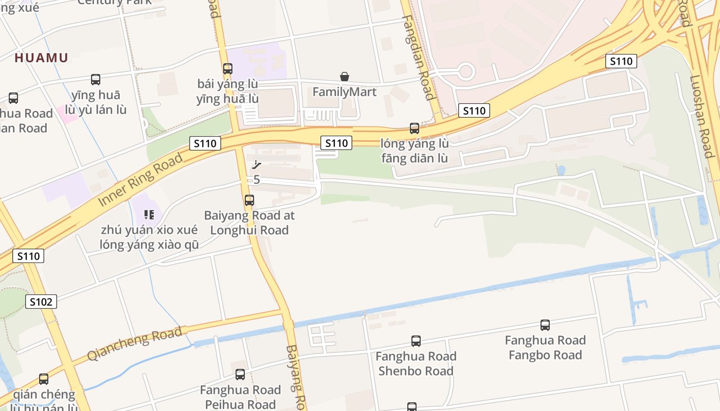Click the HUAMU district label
click(x=41, y=58)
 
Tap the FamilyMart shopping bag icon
click(x=345, y=77)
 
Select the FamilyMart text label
click(x=345, y=92)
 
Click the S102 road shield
click(x=41, y=302)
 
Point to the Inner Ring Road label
click(x=140, y=180)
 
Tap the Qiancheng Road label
click(x=134, y=344)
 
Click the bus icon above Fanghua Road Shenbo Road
click(x=416, y=341)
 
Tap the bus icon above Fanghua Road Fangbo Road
click(x=545, y=325)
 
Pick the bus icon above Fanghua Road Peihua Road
click(x=240, y=374)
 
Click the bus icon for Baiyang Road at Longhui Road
click(x=249, y=200)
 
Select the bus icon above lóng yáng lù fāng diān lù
click(x=415, y=128)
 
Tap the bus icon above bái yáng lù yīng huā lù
click(x=227, y=68)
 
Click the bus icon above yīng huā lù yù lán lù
click(x=96, y=80)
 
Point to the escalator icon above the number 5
click(x=257, y=165)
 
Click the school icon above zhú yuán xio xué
click(x=149, y=214)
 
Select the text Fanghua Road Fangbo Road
click(x=545, y=347)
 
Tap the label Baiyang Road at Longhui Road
click(x=249, y=222)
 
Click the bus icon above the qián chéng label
click(x=44, y=379)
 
